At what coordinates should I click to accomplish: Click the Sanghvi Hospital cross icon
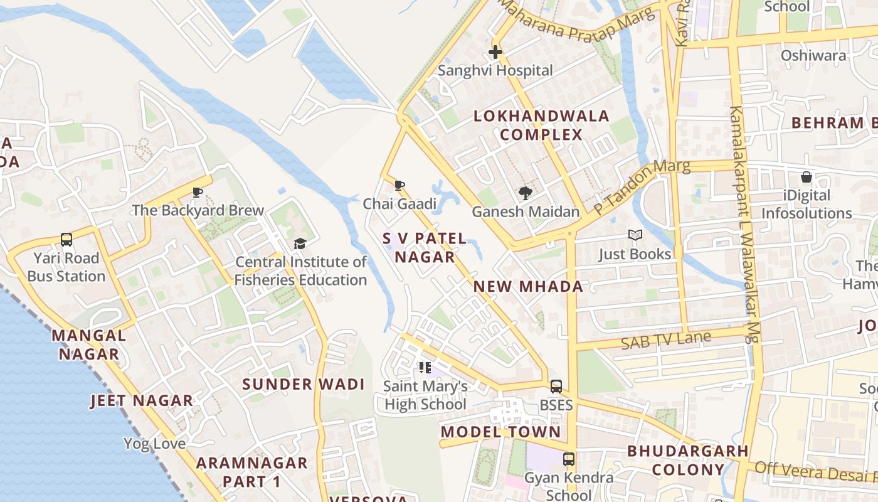495,52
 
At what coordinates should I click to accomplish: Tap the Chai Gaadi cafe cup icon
399,185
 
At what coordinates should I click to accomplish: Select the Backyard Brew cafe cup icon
198,192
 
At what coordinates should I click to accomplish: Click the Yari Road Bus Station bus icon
66,239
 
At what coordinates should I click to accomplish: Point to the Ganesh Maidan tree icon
525,193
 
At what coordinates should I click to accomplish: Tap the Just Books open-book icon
635,235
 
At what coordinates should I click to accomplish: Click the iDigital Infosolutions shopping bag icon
806,178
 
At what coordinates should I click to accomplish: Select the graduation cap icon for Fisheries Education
300,243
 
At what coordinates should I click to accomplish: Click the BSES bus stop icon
556,387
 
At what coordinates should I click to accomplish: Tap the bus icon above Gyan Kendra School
569,459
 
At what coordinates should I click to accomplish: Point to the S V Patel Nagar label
425,248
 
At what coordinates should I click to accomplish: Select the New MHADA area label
528,287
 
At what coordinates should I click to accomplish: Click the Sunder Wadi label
304,384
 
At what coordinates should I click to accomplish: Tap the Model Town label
500,432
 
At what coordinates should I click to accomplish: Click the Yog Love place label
154,444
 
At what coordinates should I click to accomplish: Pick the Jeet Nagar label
142,400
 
